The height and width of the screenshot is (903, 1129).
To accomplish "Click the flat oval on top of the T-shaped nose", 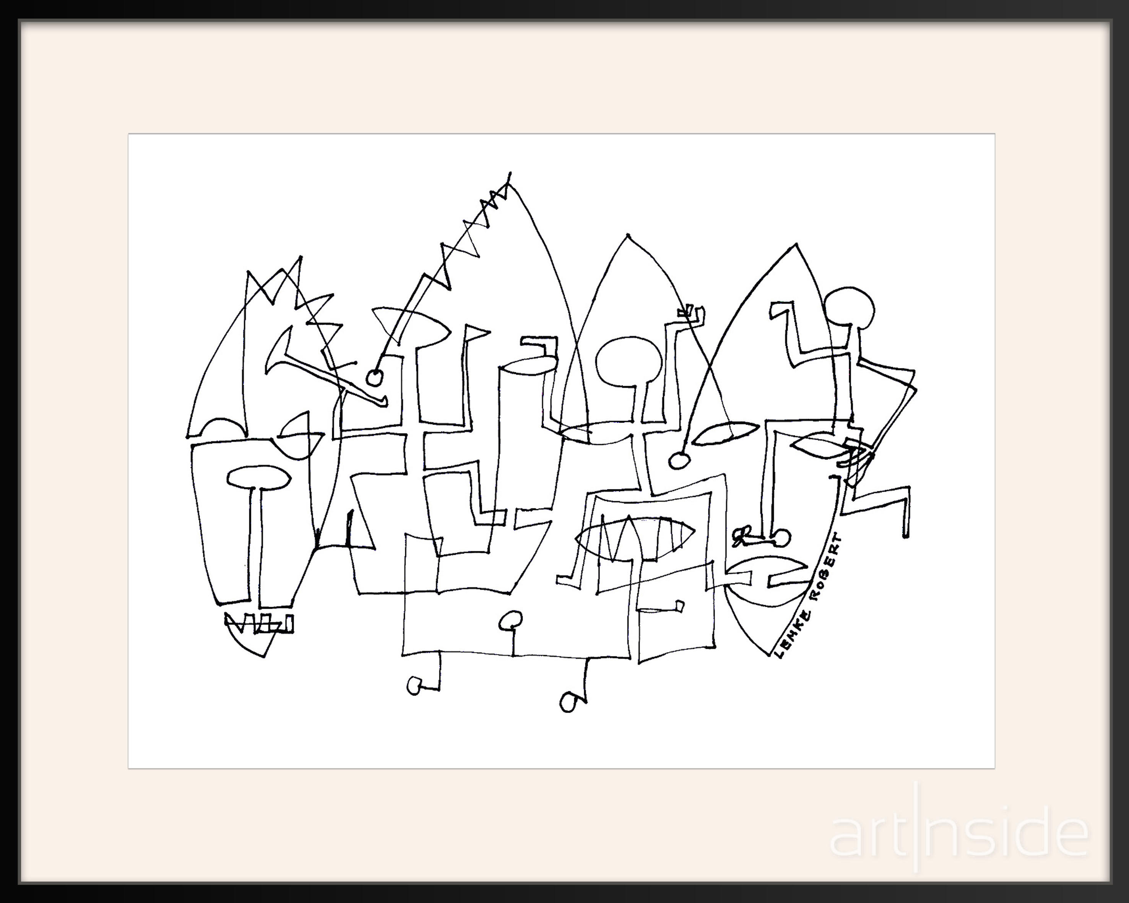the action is coord(259,477).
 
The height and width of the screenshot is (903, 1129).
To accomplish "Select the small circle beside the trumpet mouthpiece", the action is coord(374,377).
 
